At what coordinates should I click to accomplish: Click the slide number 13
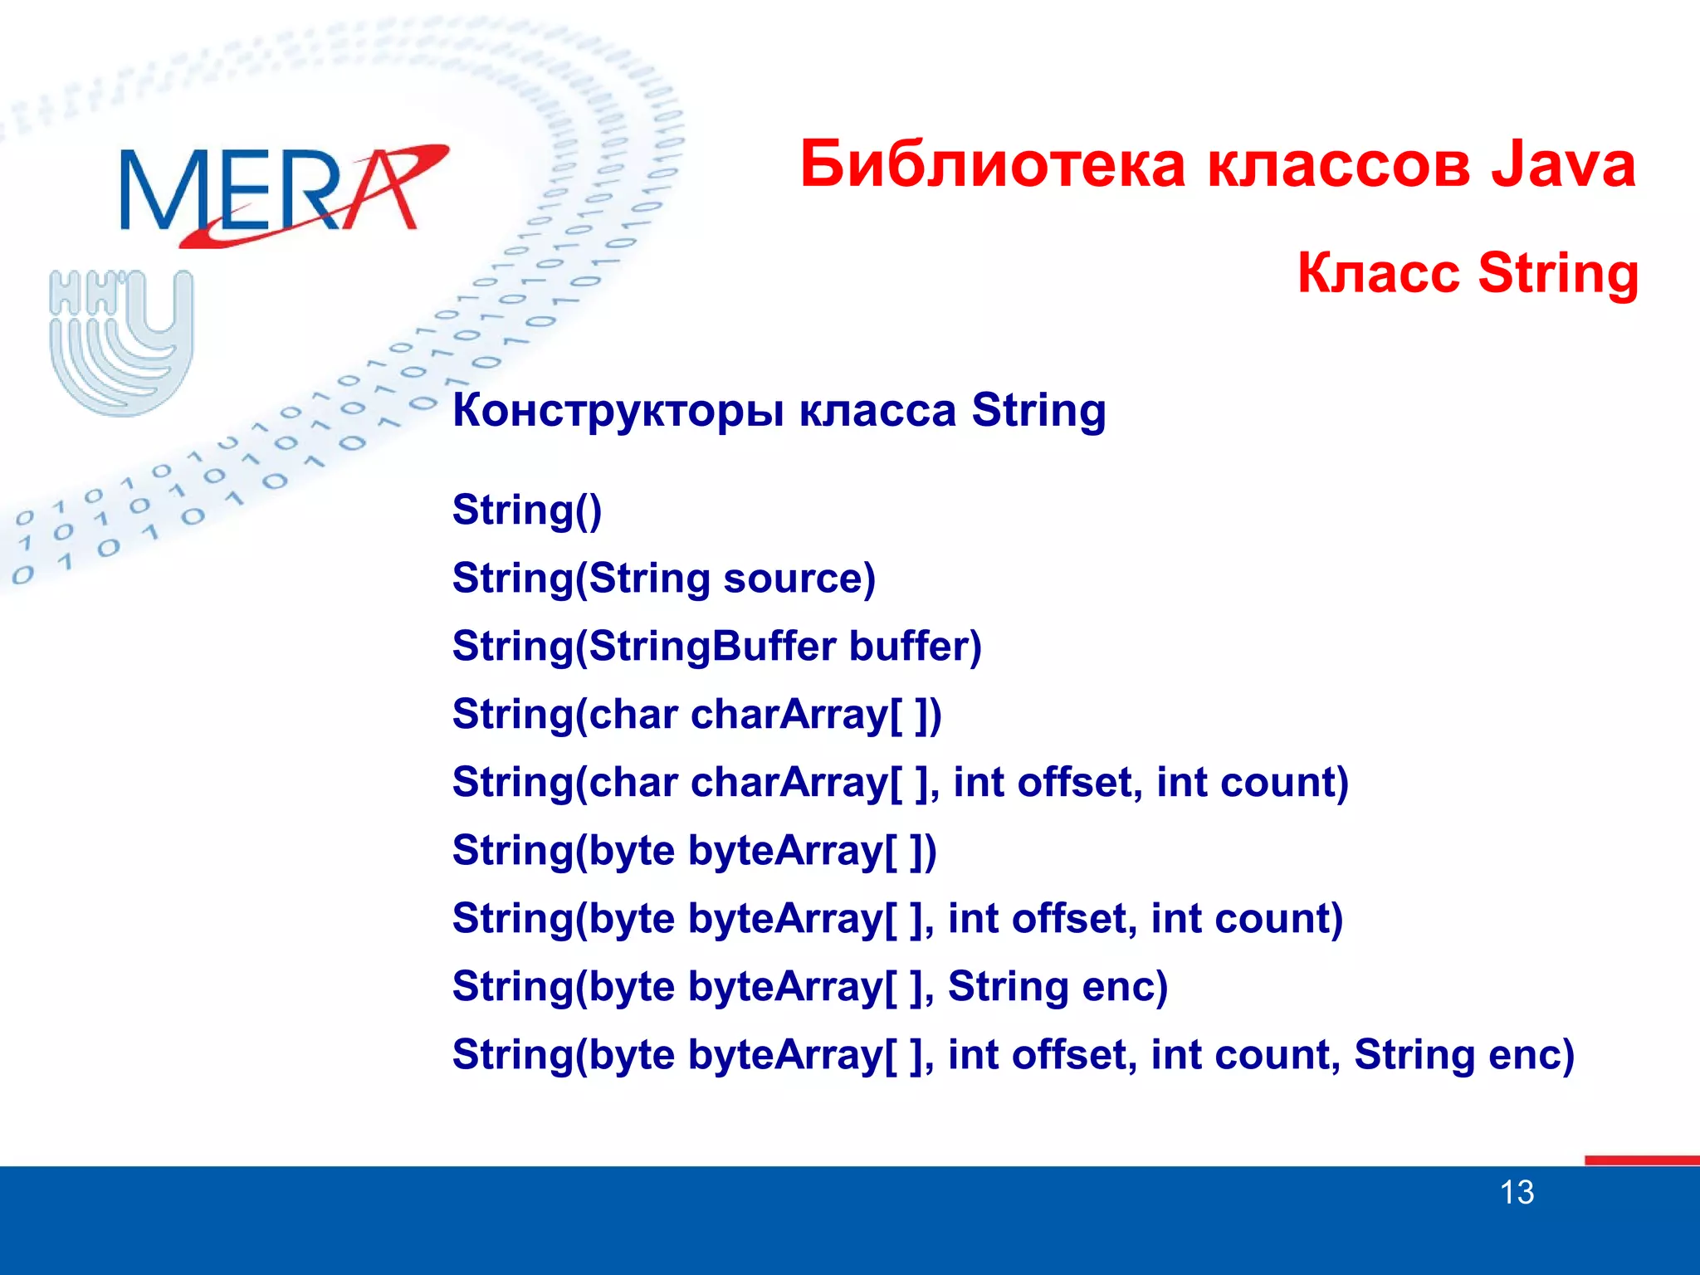click(1517, 1193)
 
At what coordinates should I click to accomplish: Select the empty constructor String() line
click(527, 510)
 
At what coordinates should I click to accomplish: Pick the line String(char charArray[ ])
click(696, 715)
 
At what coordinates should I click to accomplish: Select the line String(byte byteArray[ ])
click(694, 851)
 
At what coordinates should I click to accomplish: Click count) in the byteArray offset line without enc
click(1278, 919)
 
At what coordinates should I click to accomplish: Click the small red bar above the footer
click(1641, 1160)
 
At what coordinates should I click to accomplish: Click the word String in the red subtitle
click(1558, 274)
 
